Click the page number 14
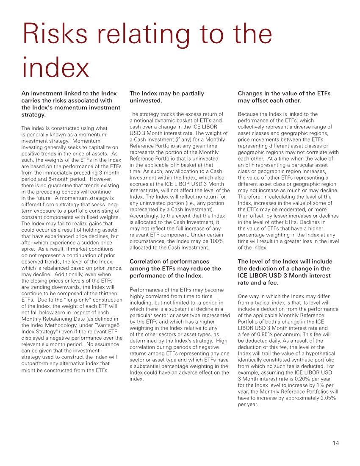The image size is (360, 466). tap(335, 443)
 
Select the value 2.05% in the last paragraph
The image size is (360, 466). tap(327, 398)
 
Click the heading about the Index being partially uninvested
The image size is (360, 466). tap(166, 97)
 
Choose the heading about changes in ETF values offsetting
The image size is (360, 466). tap(284, 97)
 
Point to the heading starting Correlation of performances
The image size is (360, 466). tap(175, 268)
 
